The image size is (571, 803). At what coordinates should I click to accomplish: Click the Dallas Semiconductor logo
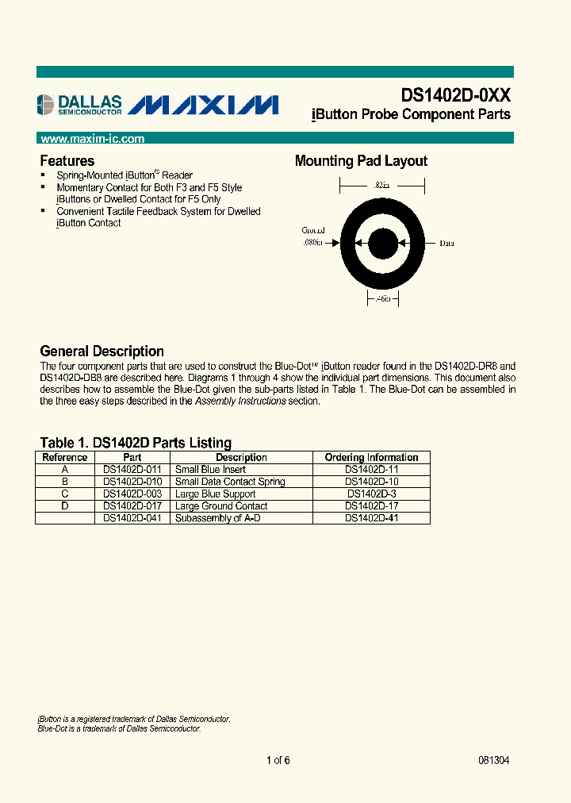(79, 104)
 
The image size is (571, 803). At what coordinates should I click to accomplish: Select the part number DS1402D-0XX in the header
(455, 95)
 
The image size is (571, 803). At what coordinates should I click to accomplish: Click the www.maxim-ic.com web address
(92, 139)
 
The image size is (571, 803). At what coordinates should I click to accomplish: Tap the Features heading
(67, 160)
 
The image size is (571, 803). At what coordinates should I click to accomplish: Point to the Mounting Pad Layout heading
(361, 161)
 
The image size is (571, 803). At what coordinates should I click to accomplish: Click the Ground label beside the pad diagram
(314, 230)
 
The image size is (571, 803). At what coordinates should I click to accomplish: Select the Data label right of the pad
(447, 244)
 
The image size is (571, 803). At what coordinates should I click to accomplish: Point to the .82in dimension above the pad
(382, 184)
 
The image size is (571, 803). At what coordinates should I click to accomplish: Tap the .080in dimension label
(314, 244)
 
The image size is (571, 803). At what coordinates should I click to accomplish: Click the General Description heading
(102, 351)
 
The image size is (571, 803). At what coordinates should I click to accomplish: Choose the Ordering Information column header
(371, 457)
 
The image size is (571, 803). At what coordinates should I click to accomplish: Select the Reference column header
(65, 457)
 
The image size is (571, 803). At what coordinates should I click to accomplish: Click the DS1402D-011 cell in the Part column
(132, 470)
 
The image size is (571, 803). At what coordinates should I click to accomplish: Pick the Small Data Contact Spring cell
(230, 482)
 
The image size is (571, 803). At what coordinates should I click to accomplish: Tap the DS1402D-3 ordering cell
(371, 494)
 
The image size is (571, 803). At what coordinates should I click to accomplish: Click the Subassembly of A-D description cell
(217, 517)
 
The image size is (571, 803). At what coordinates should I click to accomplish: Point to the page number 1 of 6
(278, 760)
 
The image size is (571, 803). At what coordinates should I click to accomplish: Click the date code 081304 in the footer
(493, 760)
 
